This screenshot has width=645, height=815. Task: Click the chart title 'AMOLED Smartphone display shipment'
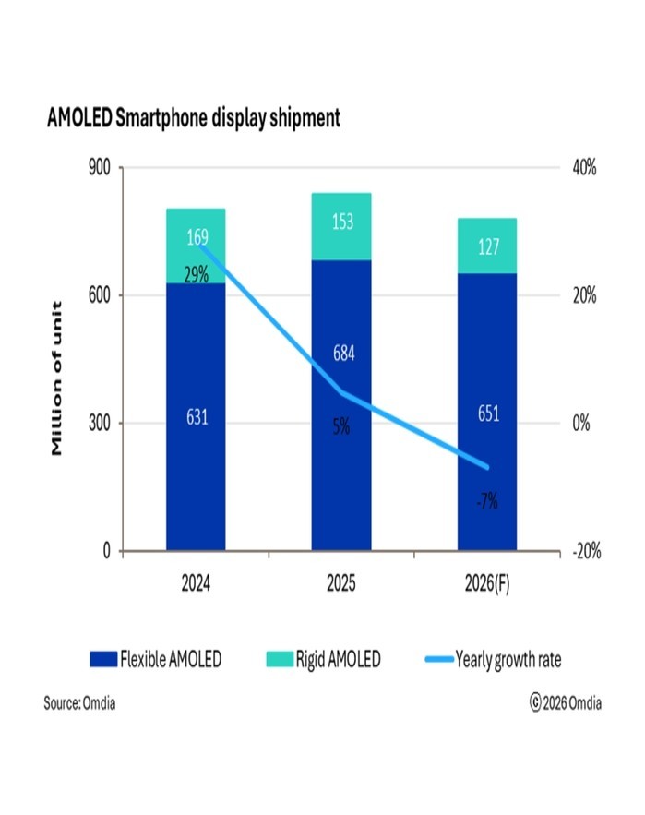point(193,119)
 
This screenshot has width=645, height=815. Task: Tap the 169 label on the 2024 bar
point(197,239)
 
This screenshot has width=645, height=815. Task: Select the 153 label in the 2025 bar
point(341,223)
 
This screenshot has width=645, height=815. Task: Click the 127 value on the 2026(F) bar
point(487,246)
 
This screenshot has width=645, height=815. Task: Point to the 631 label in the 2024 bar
point(197,418)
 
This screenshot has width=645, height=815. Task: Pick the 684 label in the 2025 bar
point(341,354)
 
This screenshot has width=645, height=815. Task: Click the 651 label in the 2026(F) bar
point(487,413)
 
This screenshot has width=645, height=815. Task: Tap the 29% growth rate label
point(197,274)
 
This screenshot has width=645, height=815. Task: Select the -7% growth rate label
point(486,502)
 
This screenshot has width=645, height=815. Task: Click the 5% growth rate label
point(341,427)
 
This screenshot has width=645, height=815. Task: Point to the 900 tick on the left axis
point(98,168)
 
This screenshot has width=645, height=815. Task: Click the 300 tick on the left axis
point(98,424)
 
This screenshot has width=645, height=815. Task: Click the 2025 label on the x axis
point(341,584)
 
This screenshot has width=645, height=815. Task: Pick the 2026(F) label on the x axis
point(487,584)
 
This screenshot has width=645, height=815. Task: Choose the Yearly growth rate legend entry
point(493,659)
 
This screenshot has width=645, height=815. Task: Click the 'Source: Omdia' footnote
point(80,703)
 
